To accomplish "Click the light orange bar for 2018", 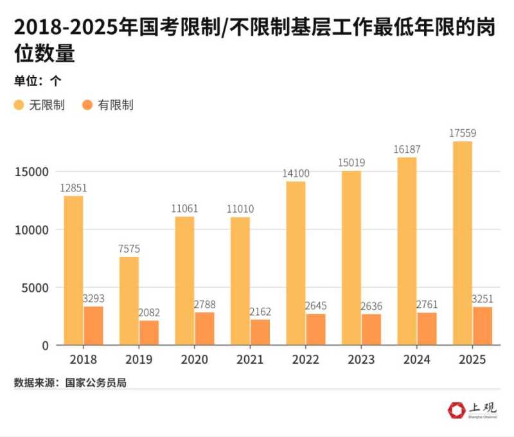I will point(73,270).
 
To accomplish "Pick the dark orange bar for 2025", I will point(483,326).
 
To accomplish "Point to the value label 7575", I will point(129,249).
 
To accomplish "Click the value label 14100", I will point(296,173).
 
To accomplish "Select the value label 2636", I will point(371,306).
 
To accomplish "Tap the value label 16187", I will point(407,149).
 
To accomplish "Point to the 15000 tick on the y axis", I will point(31,172).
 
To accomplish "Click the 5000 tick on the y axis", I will point(35,287).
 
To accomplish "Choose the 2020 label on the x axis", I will point(194,359).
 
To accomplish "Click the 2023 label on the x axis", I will point(361,359).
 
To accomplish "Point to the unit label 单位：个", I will point(37,81).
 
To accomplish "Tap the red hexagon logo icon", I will point(456,409).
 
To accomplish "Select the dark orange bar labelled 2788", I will point(205,328).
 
